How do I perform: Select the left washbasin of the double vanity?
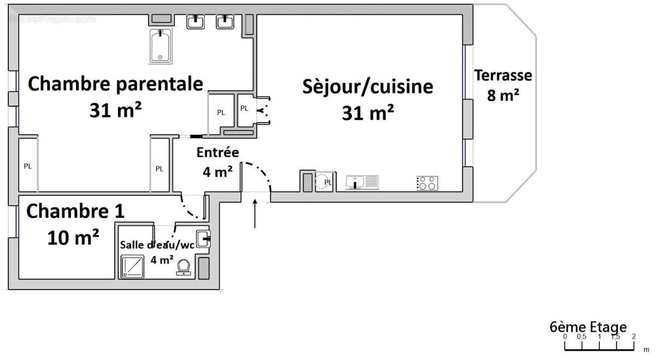(x=195, y=21)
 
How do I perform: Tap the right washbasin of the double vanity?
(x=225, y=21)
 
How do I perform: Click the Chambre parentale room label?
(x=116, y=84)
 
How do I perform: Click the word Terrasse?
(x=503, y=75)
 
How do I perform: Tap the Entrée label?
(x=217, y=153)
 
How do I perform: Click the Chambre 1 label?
(x=76, y=211)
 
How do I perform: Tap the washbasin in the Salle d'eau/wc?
(x=204, y=237)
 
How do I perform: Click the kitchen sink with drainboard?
(x=362, y=182)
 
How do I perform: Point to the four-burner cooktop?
(x=427, y=183)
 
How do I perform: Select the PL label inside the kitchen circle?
(x=328, y=182)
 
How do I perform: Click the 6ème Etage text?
(x=588, y=327)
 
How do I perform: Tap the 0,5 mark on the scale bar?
(x=581, y=336)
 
